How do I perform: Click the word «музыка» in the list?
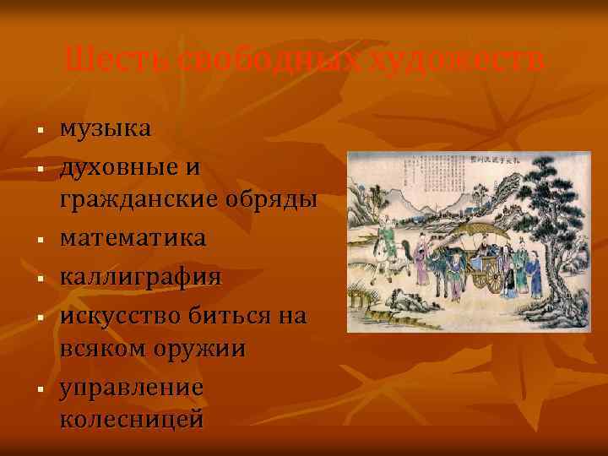coord(106,129)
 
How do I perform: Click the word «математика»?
coord(132,239)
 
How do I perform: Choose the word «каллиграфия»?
coord(140,277)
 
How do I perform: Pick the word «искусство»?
coord(122,315)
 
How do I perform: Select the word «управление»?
coord(131,388)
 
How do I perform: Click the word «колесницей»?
coord(131,420)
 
